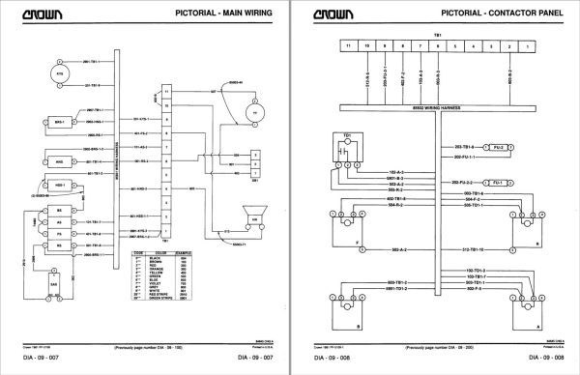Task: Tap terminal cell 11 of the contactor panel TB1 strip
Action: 343,45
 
